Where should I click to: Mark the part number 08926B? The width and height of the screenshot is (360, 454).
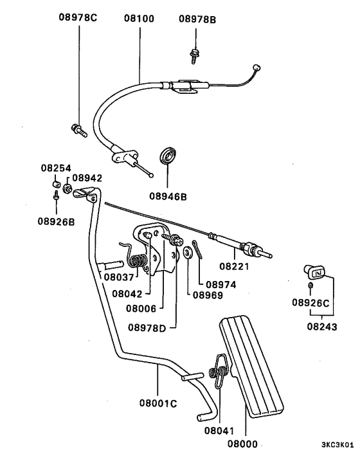[x=56, y=223]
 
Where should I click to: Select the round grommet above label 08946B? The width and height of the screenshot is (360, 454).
[x=169, y=156]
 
